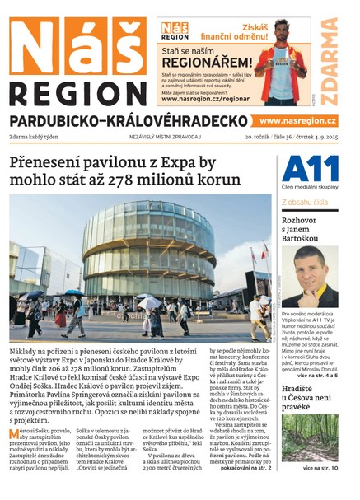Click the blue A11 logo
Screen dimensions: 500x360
(310, 170)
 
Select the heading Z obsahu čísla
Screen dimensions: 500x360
(305, 201)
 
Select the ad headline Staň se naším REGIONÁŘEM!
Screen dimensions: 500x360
(206, 56)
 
